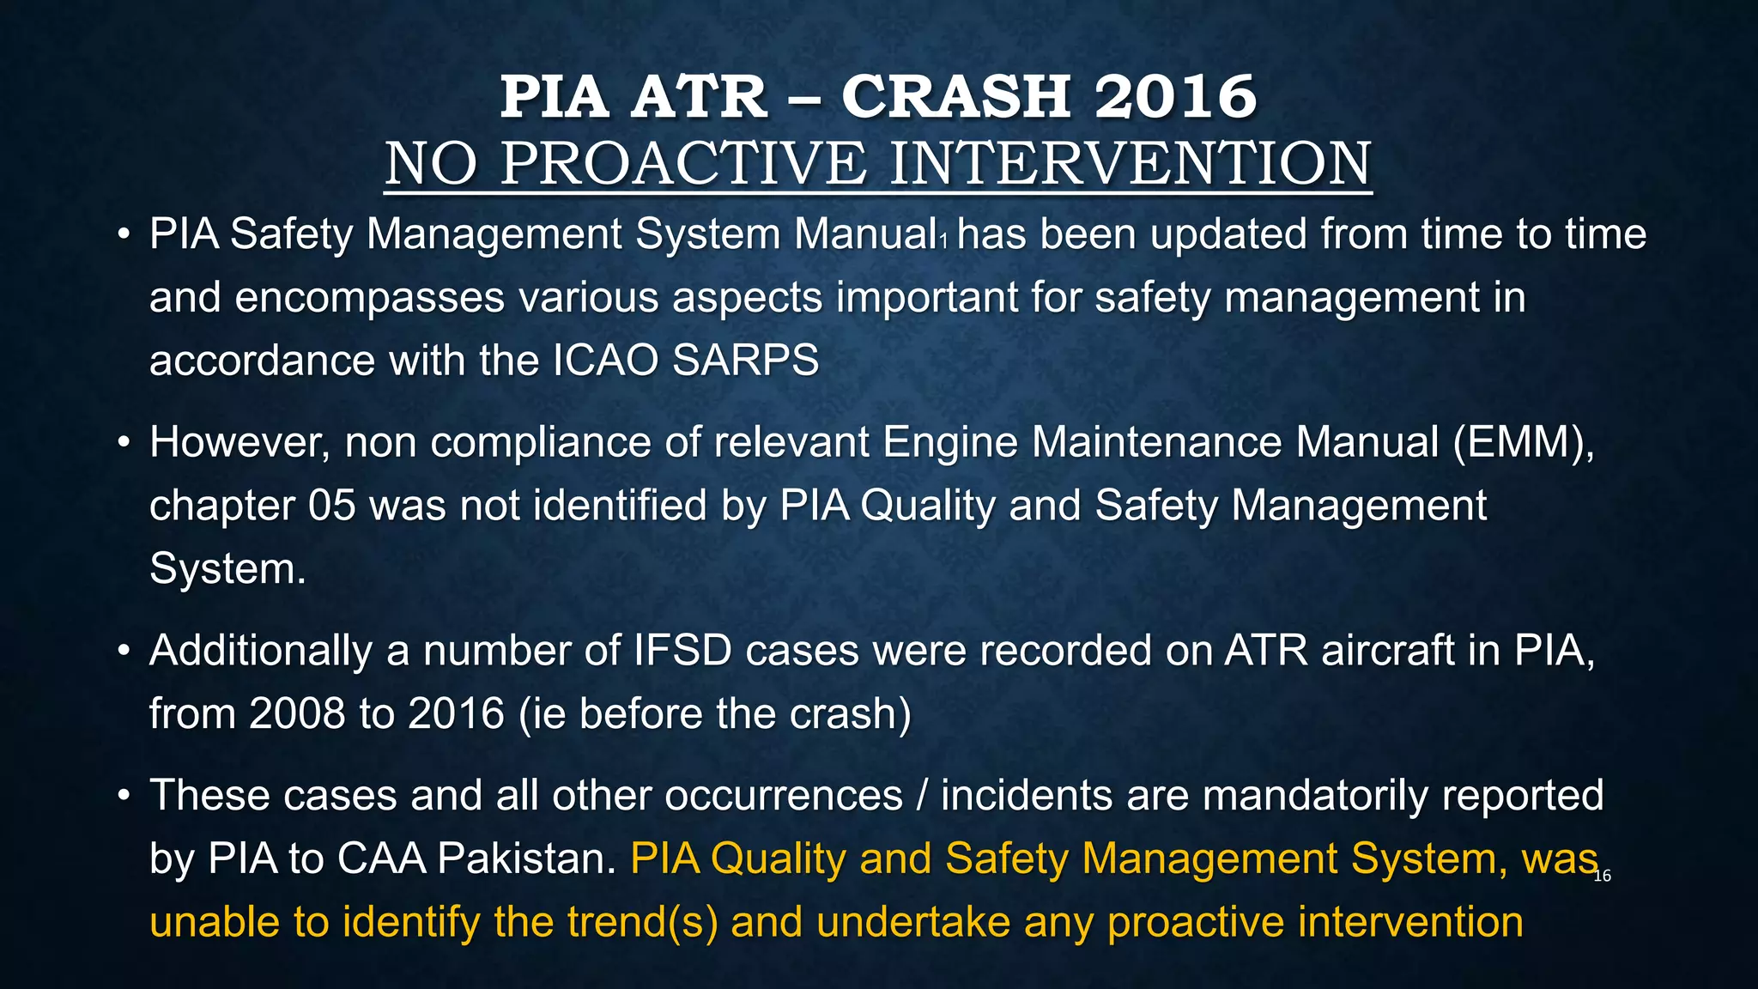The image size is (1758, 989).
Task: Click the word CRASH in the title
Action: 955,96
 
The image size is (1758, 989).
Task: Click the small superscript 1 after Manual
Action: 943,242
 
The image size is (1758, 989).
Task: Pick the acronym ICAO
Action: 605,361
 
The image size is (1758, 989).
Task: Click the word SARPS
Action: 746,361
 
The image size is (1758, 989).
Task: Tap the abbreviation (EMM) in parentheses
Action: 1524,443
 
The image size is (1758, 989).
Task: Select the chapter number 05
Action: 331,506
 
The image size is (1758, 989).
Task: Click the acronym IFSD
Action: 682,651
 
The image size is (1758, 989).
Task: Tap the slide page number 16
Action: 1602,877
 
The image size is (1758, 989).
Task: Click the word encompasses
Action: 369,298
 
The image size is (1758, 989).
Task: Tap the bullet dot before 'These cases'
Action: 124,796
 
